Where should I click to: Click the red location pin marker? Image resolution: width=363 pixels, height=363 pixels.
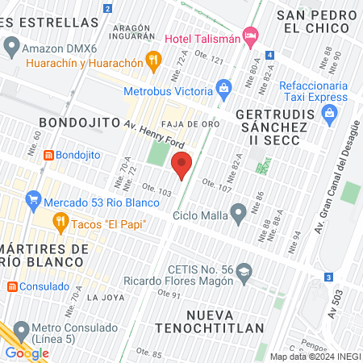point(181,165)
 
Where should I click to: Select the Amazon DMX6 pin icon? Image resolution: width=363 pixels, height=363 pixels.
point(11,48)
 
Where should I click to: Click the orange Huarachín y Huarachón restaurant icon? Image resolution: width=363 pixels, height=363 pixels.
point(153,59)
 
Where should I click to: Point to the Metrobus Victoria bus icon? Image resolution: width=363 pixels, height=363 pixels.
point(225,85)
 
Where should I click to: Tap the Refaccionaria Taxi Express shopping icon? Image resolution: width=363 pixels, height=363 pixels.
point(329,114)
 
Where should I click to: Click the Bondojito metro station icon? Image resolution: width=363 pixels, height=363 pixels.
point(49,154)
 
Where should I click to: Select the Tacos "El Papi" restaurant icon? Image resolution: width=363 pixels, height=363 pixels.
point(60,221)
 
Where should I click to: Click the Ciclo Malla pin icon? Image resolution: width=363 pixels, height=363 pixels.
point(238,213)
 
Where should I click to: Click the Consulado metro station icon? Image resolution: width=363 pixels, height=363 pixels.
point(12,286)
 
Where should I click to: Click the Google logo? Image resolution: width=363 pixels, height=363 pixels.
point(27,353)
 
